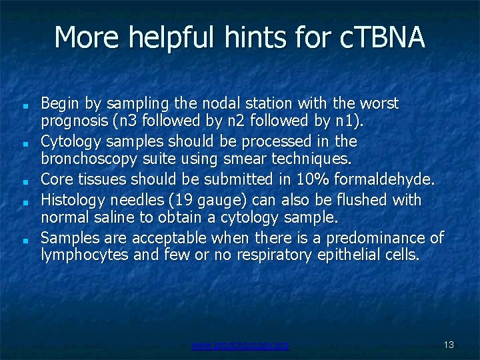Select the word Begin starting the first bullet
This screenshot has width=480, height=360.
point(59,104)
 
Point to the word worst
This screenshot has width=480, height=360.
point(379,104)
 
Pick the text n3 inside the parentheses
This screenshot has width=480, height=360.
point(127,121)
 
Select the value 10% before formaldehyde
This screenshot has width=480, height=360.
point(309,179)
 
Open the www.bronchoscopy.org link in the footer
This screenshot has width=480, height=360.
point(240,345)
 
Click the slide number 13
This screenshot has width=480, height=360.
point(449,345)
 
